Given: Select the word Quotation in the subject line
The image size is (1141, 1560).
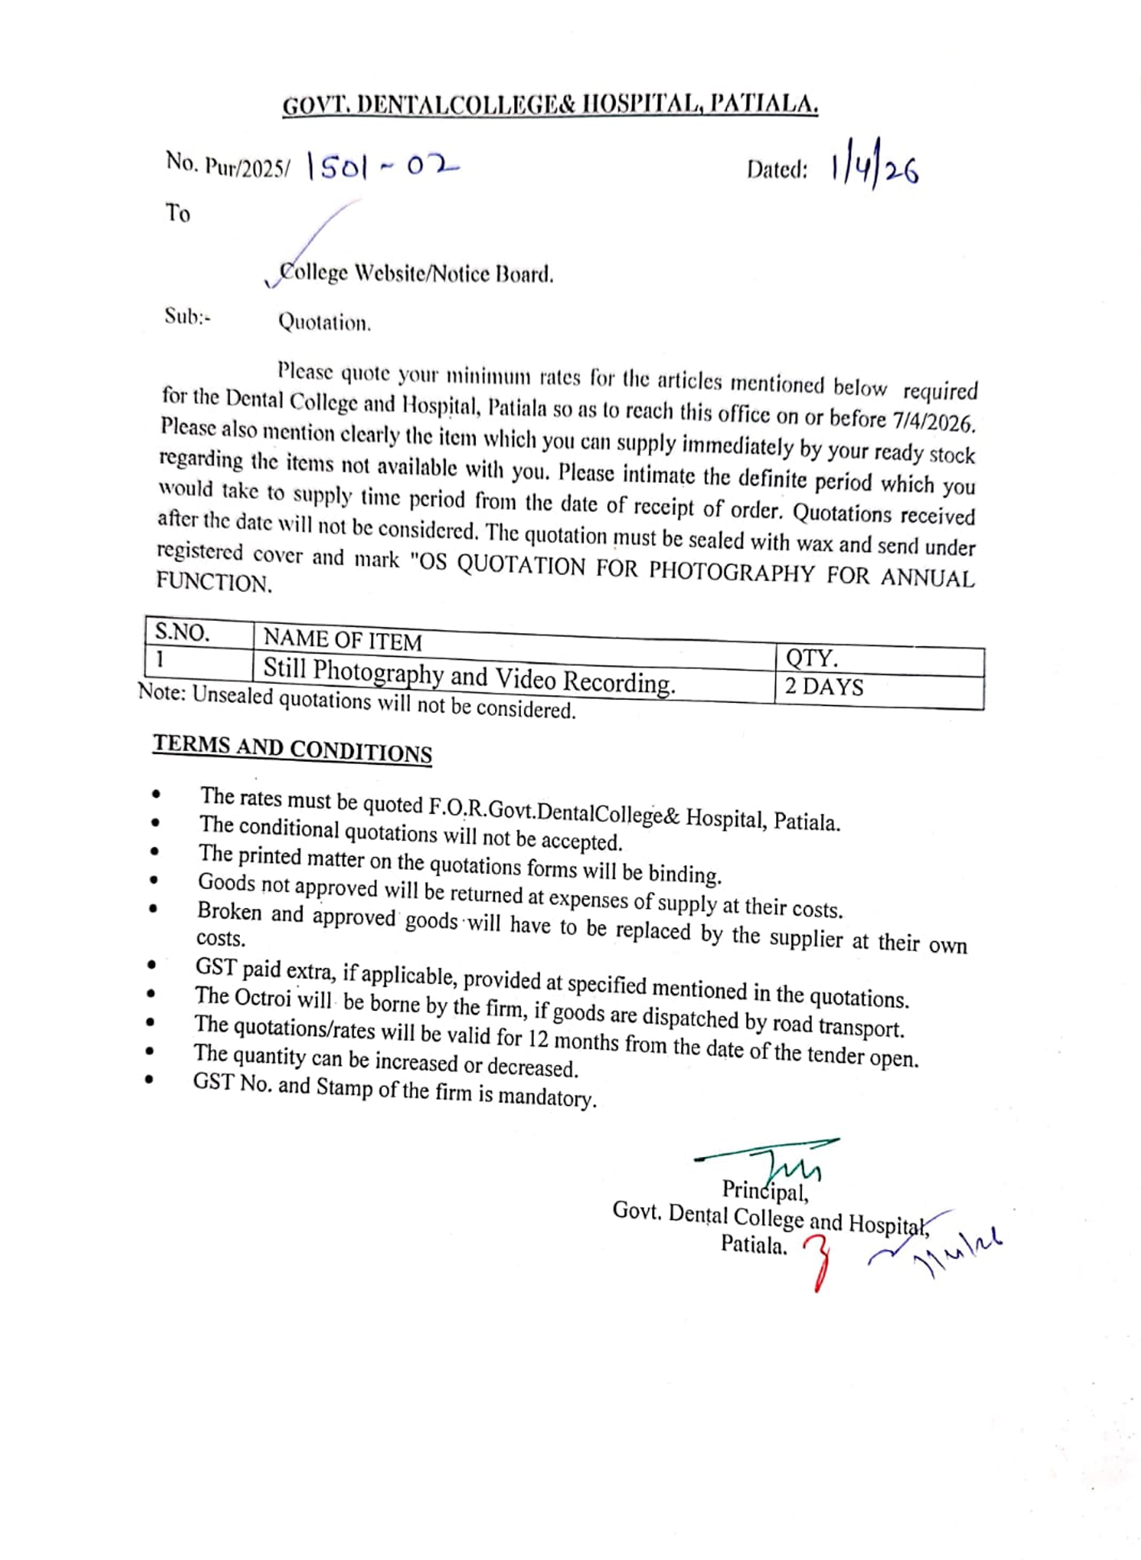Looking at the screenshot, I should (x=324, y=322).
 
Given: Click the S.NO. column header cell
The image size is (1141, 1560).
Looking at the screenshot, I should (x=183, y=632).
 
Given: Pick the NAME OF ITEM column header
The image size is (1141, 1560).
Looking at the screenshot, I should (x=343, y=641).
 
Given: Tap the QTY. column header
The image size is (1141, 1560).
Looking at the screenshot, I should (x=812, y=658).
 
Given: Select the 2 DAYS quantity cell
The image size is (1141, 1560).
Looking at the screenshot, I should (x=824, y=687).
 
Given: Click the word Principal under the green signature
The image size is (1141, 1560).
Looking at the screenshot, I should (x=765, y=1190).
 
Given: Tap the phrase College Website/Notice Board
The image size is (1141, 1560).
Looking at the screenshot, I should (x=416, y=273).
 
